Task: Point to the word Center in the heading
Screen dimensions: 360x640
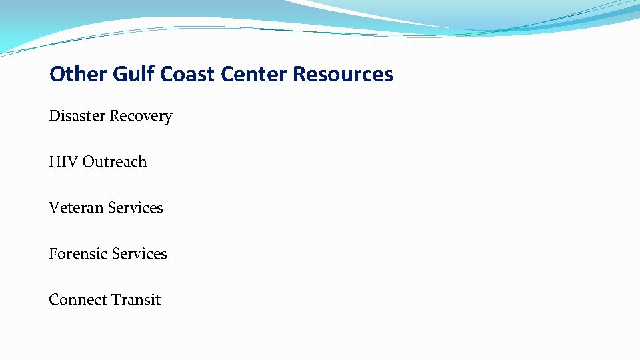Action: pyautogui.click(x=254, y=74)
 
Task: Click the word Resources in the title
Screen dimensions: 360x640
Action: pyautogui.click(x=343, y=74)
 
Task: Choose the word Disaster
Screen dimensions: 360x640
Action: pyautogui.click(x=77, y=116)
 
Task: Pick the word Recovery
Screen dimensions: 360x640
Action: pyautogui.click(x=141, y=117)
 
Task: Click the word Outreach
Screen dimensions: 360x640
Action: pyautogui.click(x=114, y=162)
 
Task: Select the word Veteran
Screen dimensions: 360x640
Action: pyautogui.click(x=75, y=208)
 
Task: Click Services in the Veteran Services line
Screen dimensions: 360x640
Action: pyautogui.click(x=135, y=208)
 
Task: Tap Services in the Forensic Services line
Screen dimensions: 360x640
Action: pyautogui.click(x=139, y=254)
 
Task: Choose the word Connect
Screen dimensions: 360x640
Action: pyautogui.click(x=75, y=300)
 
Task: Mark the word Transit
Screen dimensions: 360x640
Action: pyautogui.click(x=135, y=300)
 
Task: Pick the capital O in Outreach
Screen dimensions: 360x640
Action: pyautogui.click(x=88, y=162)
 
